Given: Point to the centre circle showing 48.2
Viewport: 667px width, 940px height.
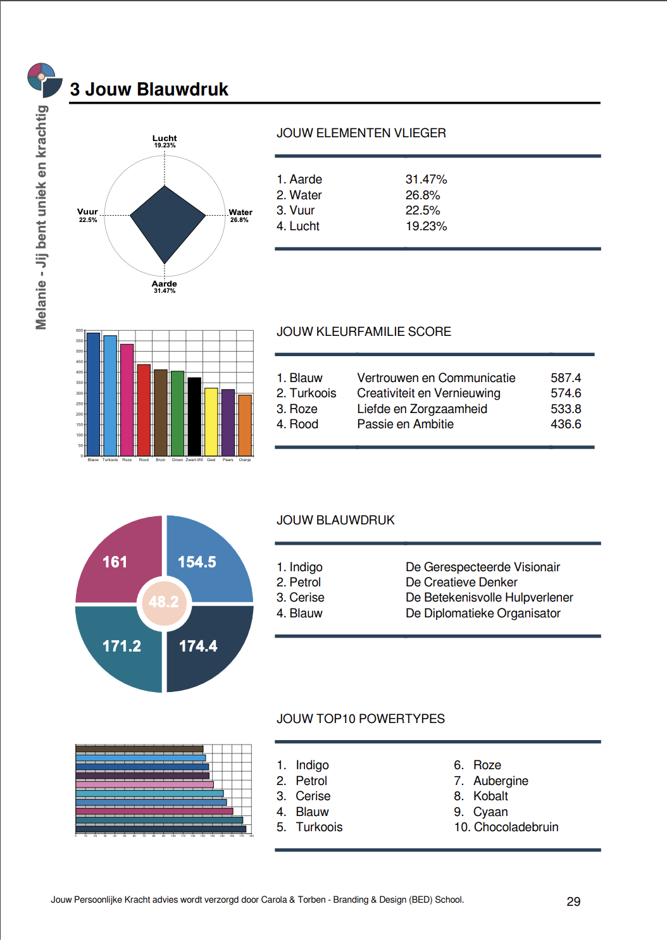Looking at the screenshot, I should [x=164, y=602].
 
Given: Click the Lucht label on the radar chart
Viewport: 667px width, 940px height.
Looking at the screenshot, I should [x=165, y=139].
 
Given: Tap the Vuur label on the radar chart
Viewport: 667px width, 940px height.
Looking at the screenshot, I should [x=87, y=212].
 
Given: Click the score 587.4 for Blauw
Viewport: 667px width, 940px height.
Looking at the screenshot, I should [x=566, y=378].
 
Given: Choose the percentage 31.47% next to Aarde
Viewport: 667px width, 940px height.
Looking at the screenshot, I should [x=426, y=180].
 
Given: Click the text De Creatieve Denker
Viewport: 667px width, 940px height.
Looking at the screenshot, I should [x=461, y=583].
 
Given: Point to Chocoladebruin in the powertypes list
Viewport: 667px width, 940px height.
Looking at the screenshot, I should [x=516, y=827].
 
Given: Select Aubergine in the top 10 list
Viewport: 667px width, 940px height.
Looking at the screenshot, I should [x=501, y=781].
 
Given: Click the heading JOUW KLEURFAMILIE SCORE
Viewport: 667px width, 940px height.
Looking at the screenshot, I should [x=364, y=332].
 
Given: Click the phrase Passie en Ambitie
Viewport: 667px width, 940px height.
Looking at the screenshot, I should [x=405, y=424].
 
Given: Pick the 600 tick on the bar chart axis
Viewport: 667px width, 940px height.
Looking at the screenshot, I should [x=79, y=330].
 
